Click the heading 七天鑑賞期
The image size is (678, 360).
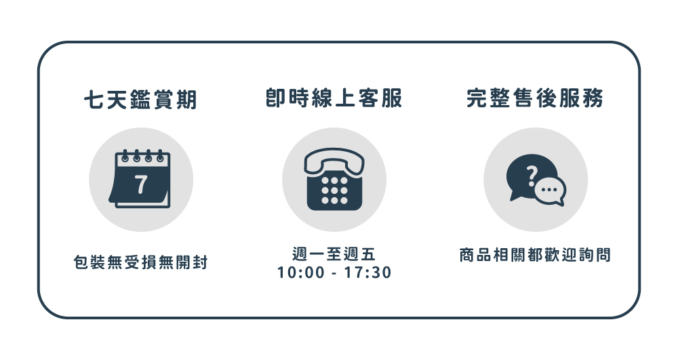click(x=140, y=100)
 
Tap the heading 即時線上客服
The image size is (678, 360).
click(x=334, y=98)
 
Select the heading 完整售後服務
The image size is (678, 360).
click(x=535, y=98)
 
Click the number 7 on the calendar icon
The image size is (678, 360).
click(x=141, y=184)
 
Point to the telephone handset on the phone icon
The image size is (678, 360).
click(x=334, y=160)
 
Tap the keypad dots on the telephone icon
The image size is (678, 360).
click(x=334, y=190)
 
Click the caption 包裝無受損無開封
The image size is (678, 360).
click(x=140, y=262)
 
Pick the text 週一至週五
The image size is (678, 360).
click(x=334, y=254)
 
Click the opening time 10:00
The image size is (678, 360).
click(x=300, y=273)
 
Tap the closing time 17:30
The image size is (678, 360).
click(x=367, y=273)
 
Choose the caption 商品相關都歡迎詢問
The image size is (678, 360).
click(x=535, y=254)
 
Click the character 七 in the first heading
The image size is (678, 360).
click(x=94, y=100)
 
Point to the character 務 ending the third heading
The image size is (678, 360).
click(x=593, y=98)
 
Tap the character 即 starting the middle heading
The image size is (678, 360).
click(x=276, y=98)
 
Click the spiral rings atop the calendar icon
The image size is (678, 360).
click(x=142, y=155)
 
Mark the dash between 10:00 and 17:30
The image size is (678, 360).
click(x=334, y=274)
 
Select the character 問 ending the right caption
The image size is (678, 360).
click(x=603, y=254)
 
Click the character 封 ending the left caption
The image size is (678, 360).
click(x=201, y=262)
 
